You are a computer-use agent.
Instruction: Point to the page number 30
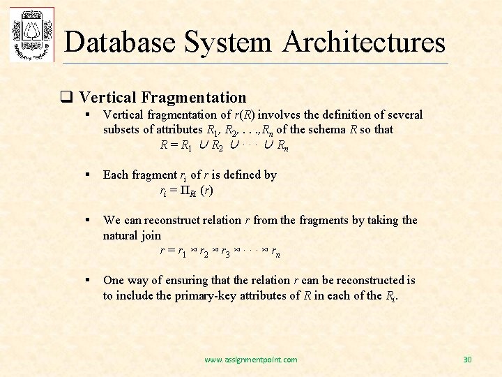point(467,360)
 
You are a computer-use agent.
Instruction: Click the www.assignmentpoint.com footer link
point(250,360)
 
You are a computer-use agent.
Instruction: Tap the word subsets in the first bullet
point(123,129)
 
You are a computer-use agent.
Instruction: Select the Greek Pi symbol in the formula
point(185,191)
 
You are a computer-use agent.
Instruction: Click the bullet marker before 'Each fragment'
point(86,175)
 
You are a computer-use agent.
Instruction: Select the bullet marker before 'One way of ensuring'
point(86,280)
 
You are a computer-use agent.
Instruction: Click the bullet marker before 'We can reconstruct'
point(86,221)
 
